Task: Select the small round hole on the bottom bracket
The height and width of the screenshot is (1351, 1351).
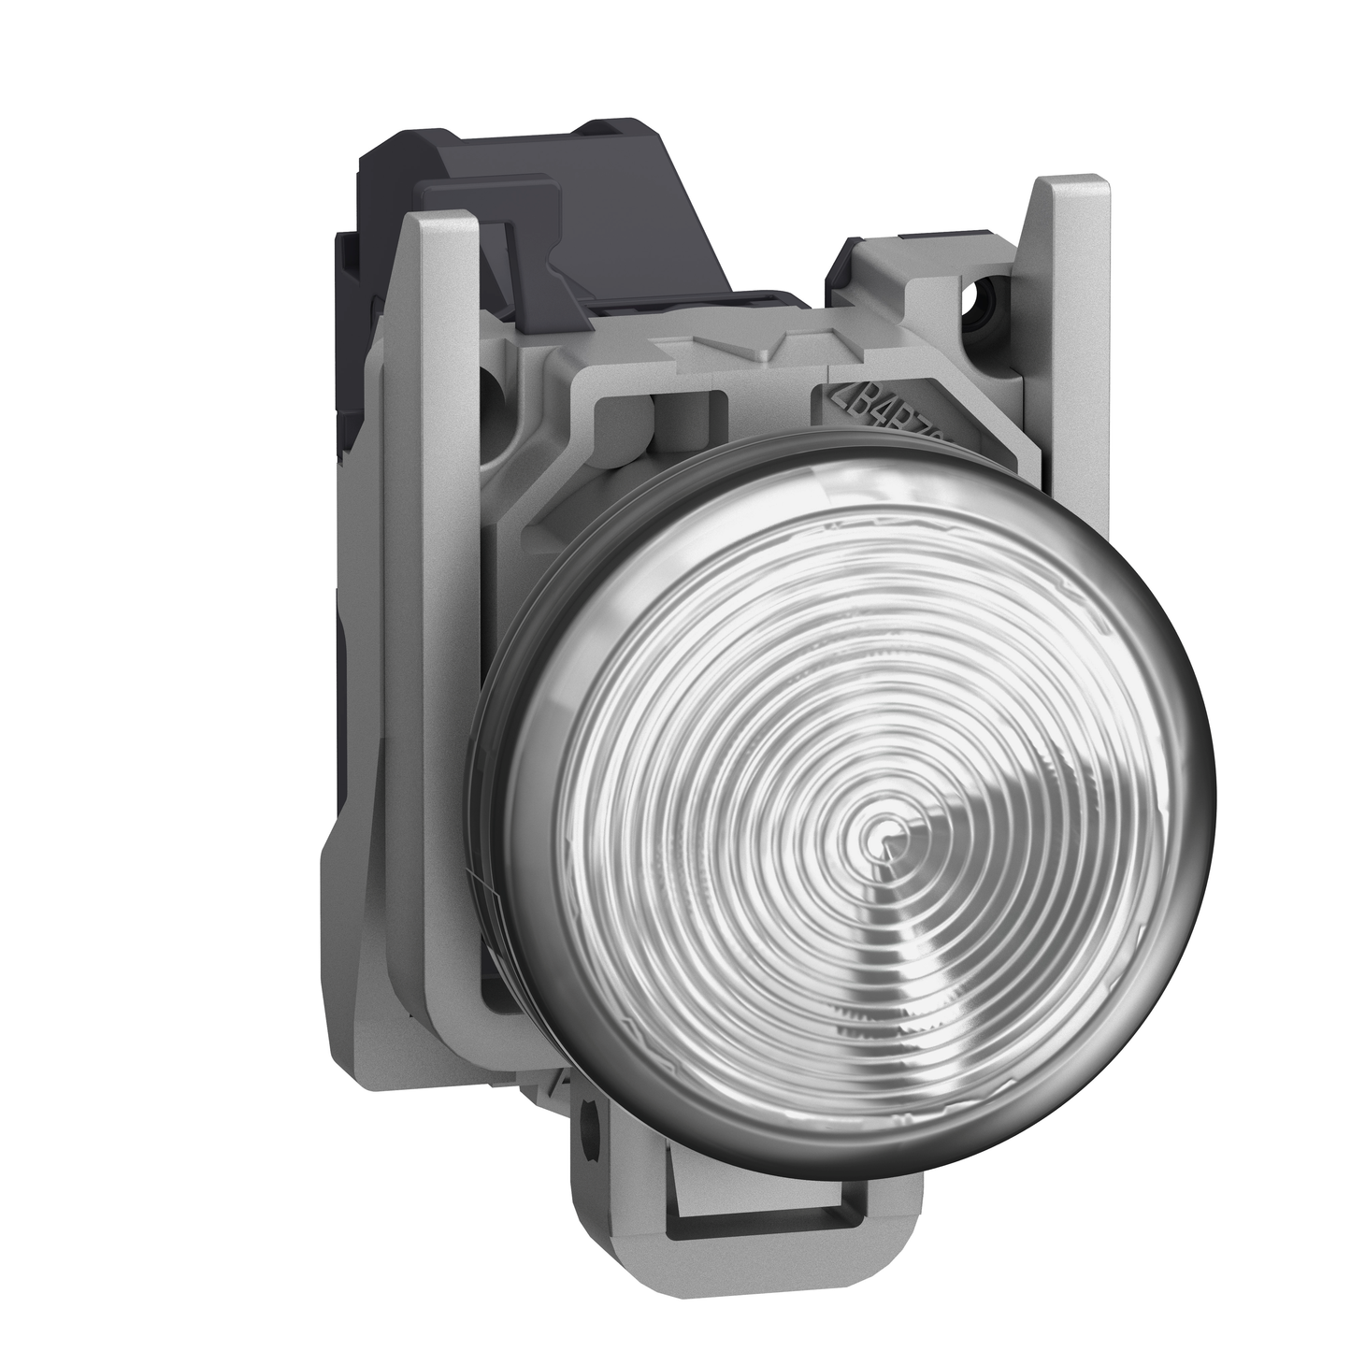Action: pyautogui.click(x=588, y=1114)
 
